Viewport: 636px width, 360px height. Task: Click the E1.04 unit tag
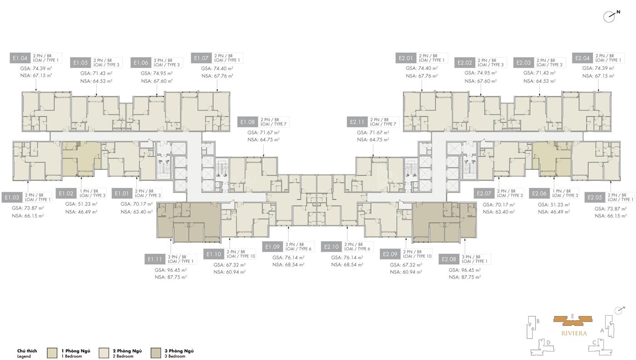tap(20, 58)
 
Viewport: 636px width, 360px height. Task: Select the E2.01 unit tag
tap(406, 58)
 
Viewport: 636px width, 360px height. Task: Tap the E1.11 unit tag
tap(155, 259)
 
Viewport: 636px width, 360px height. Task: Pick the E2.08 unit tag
tap(449, 259)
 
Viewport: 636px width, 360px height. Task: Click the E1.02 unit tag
tap(66, 193)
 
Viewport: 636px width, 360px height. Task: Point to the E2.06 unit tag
tap(539, 193)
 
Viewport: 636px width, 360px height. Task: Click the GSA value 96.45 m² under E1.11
tap(171, 270)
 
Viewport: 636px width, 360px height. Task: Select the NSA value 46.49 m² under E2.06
tap(554, 212)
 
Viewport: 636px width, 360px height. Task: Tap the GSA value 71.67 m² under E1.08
tap(263, 133)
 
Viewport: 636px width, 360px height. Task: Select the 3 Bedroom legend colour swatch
tap(156, 353)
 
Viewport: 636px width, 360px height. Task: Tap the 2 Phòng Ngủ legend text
tap(127, 351)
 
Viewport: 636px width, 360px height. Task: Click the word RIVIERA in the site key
tap(574, 333)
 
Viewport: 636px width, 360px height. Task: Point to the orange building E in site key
tap(573, 321)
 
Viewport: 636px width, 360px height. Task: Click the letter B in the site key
tap(538, 321)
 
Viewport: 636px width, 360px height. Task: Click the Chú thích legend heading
tap(27, 351)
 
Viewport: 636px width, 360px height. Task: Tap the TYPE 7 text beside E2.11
tap(390, 124)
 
